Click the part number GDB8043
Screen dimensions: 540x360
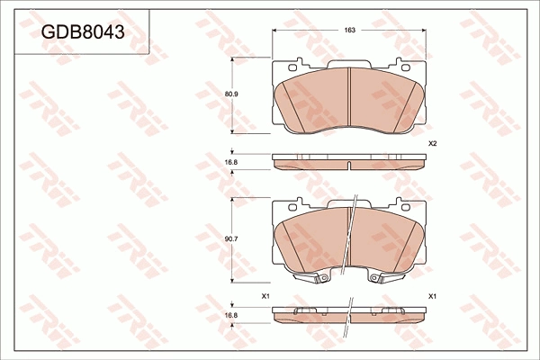click(x=83, y=32)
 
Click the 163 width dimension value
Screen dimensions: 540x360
click(x=349, y=31)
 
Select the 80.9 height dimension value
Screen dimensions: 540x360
click(x=232, y=94)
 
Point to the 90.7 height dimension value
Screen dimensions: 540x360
click(x=232, y=238)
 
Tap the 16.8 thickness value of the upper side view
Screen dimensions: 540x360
click(x=231, y=162)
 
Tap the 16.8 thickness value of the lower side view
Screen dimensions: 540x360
click(x=231, y=315)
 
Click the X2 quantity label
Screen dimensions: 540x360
click(x=433, y=144)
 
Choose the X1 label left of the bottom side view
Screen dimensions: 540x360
click(x=265, y=296)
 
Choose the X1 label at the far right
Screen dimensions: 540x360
click(x=433, y=296)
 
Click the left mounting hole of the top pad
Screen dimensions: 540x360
click(x=292, y=67)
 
